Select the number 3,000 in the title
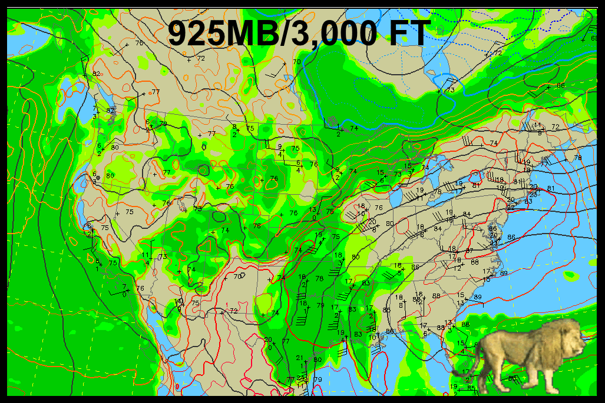click(330, 33)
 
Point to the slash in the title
click(286, 33)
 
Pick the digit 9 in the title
click(178, 33)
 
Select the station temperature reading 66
click(560, 86)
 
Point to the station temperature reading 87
click(470, 251)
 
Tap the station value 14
click(178, 301)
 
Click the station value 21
click(299, 357)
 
